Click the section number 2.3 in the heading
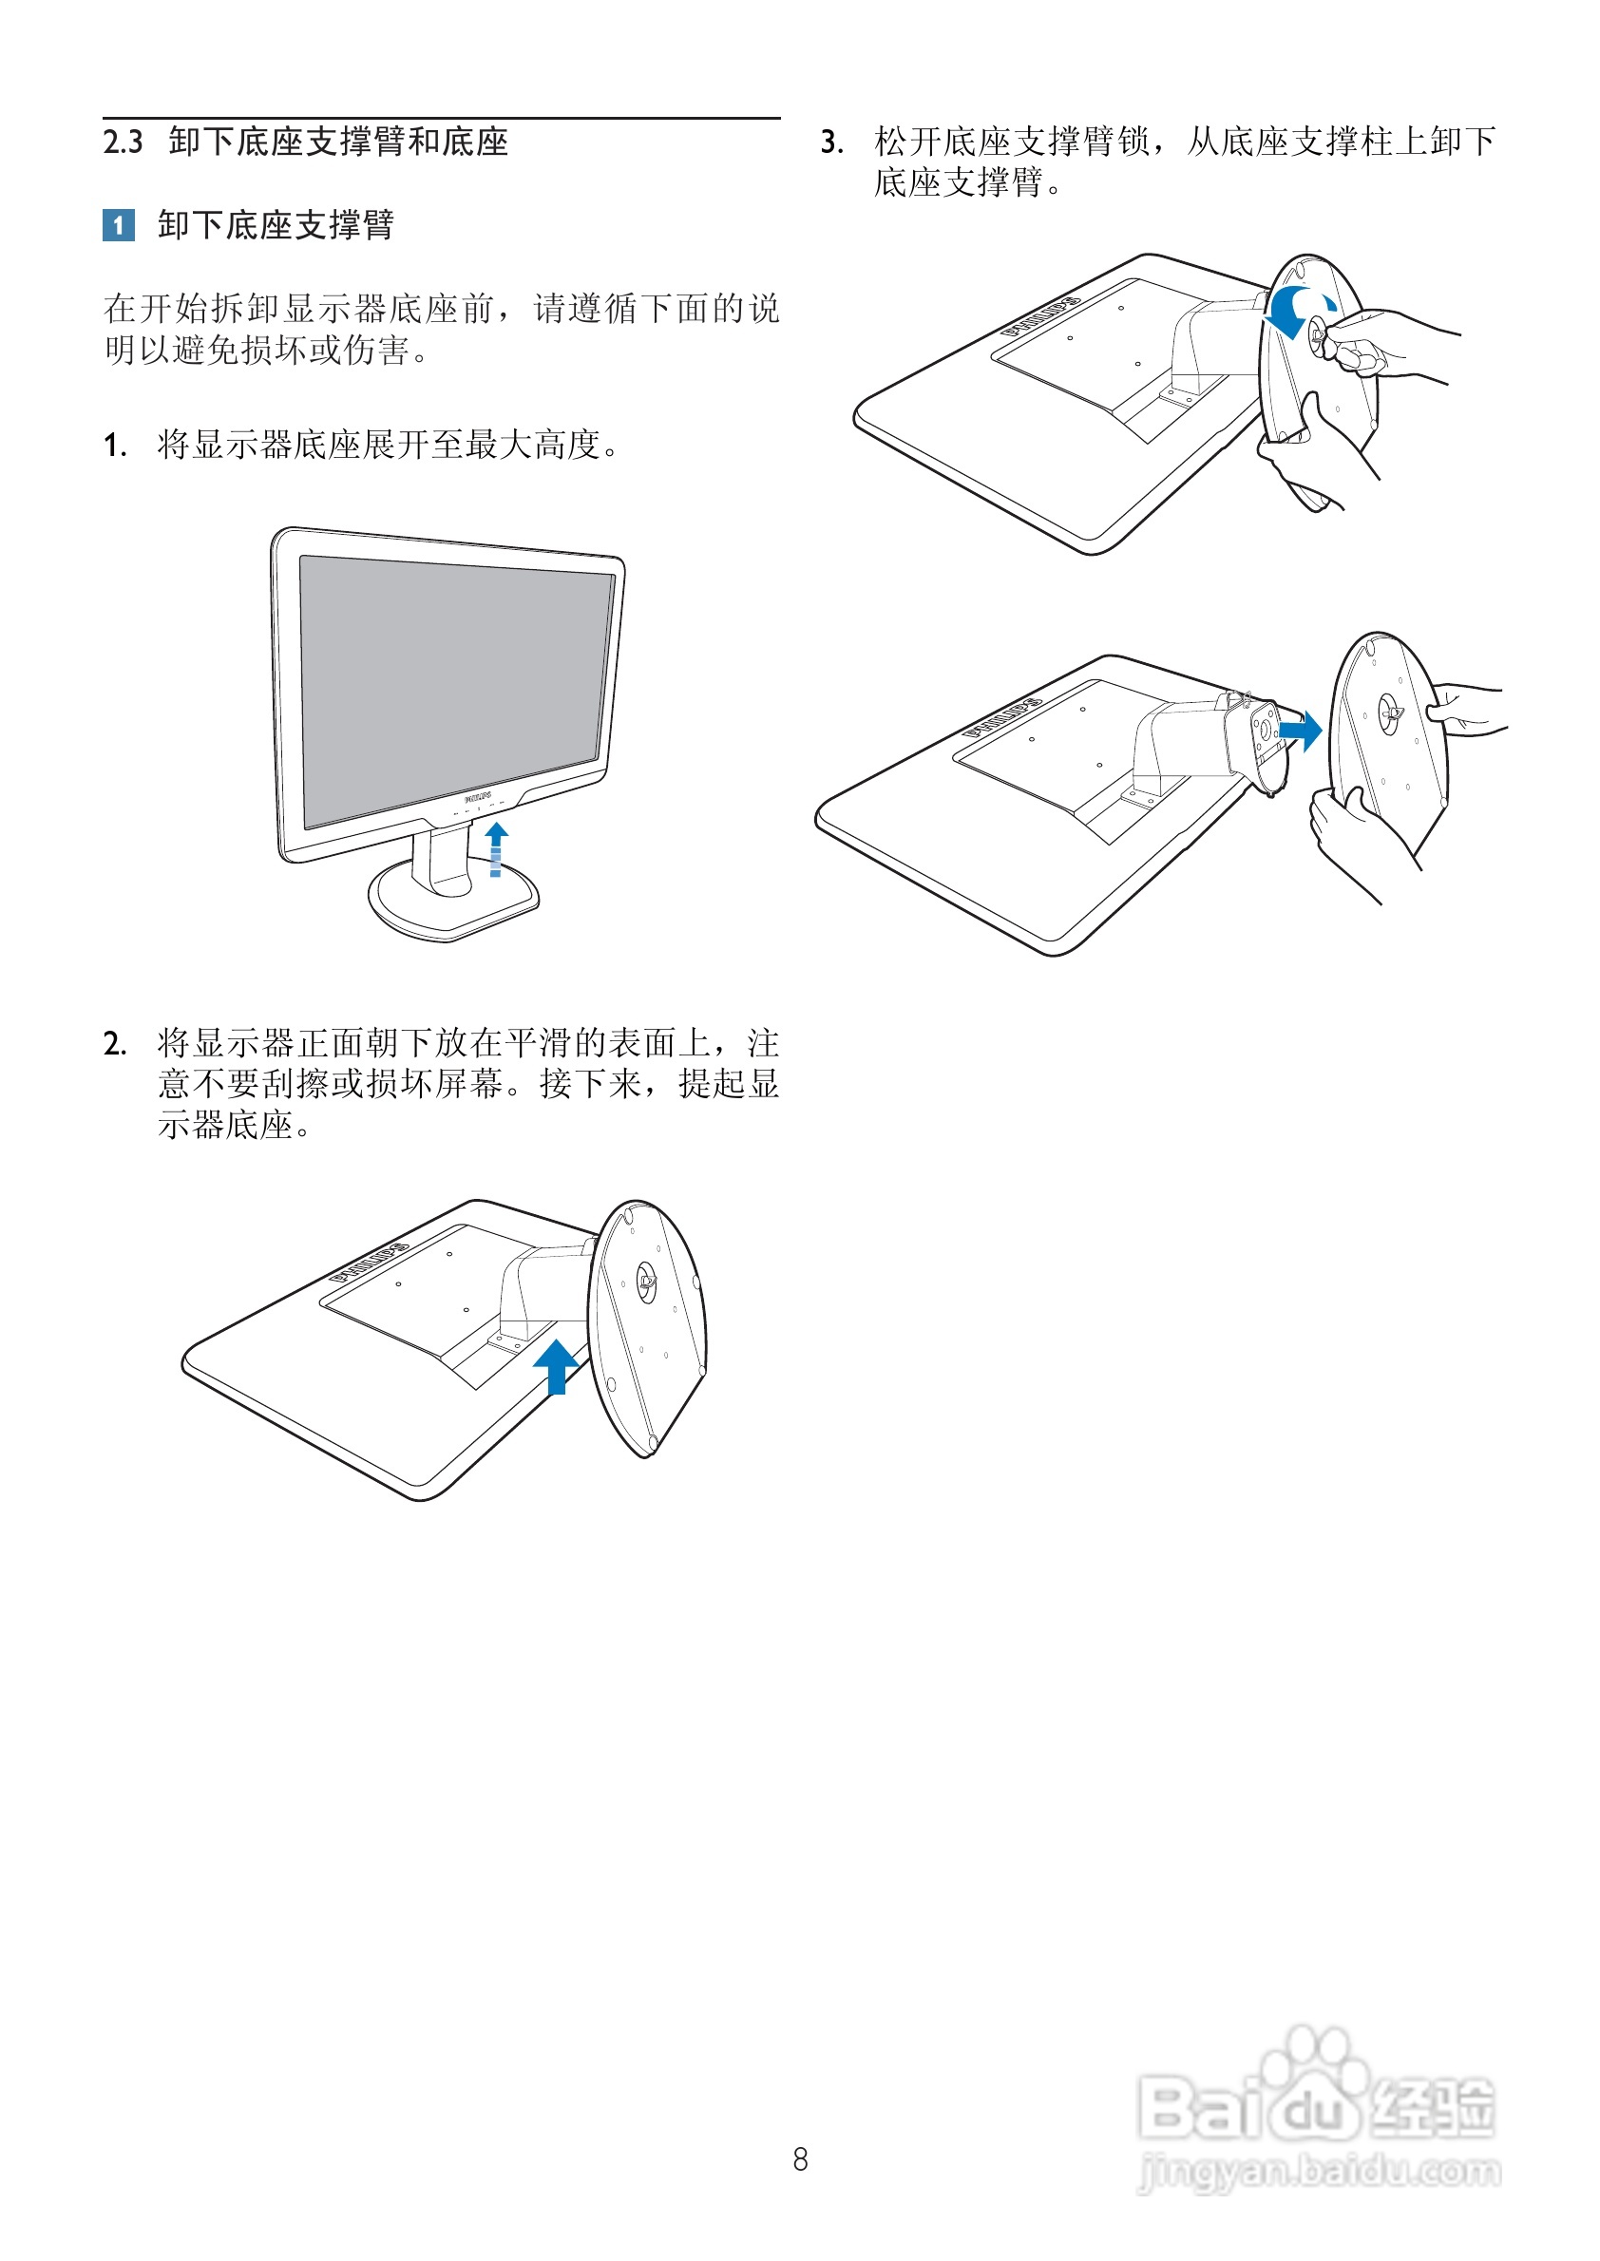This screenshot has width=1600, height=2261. click(x=124, y=142)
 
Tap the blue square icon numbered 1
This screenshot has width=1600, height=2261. click(x=119, y=225)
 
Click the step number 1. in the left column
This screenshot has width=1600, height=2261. click(x=115, y=446)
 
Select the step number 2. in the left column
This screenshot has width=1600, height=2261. click(x=115, y=1042)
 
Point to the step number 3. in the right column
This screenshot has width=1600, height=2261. click(x=832, y=142)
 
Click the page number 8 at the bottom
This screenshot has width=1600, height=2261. click(x=800, y=2159)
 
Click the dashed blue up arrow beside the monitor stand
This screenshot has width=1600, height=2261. click(x=497, y=849)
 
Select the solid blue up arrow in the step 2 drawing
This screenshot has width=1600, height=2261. click(x=557, y=1366)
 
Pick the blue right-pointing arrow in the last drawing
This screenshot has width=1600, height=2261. click(x=1301, y=731)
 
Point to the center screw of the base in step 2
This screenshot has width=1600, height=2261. click(x=645, y=1281)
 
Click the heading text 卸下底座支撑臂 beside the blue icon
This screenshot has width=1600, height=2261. click(x=276, y=225)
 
